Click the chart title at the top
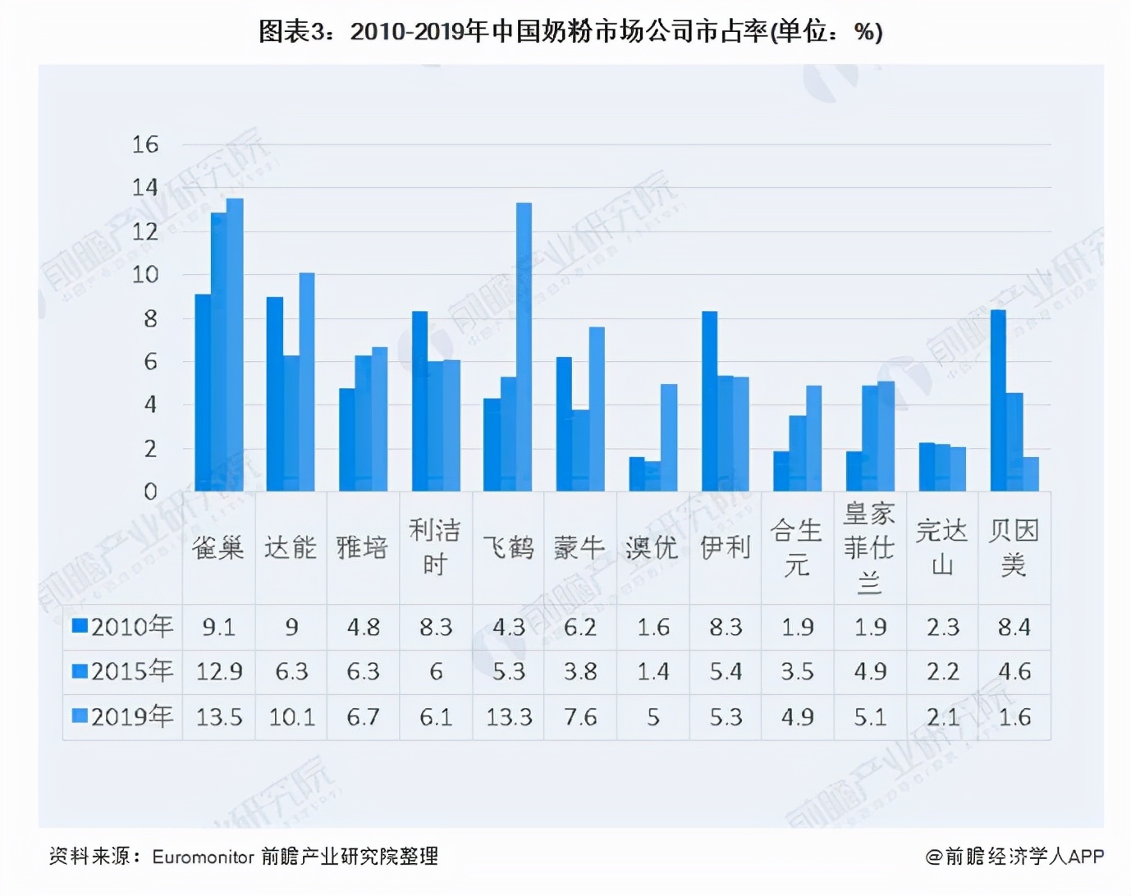tap(570, 31)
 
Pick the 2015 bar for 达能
tap(291, 423)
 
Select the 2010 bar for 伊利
tap(709, 401)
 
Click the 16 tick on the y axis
tap(145, 145)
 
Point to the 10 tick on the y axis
tap(145, 275)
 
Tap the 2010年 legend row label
tap(124, 627)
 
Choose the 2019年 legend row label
tap(124, 717)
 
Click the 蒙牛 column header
tap(579, 547)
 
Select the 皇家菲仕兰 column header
tap(870, 547)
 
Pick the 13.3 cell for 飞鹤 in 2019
tap(508, 718)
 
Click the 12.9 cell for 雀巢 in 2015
tap(219, 672)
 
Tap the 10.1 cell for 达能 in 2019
tap(291, 718)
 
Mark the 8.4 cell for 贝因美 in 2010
tap(1014, 628)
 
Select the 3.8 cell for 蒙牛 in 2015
tap(579, 672)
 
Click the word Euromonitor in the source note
tap(203, 857)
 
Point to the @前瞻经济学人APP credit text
tap(1014, 857)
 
